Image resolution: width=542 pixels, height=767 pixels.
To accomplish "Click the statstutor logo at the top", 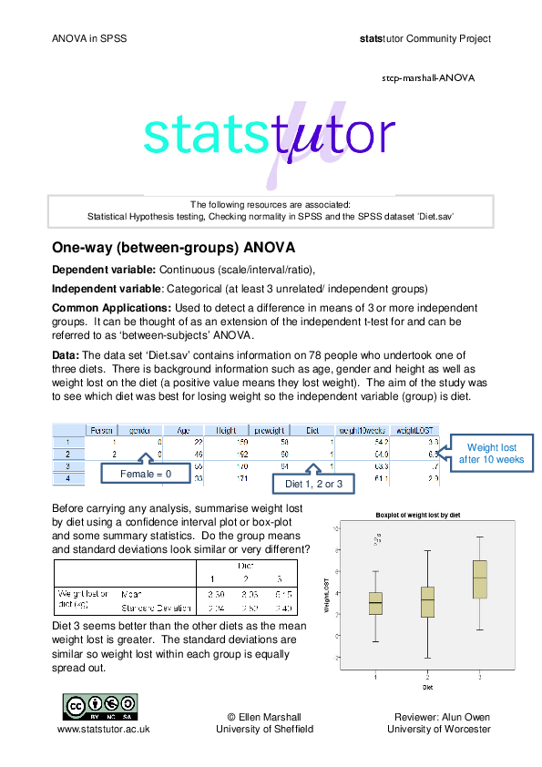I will [x=270, y=137].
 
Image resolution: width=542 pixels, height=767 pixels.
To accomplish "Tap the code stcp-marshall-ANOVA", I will [x=427, y=77].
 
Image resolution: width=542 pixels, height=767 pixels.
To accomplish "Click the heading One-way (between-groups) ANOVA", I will [x=173, y=248].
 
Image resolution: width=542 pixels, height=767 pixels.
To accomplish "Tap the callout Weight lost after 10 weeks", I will [x=491, y=453].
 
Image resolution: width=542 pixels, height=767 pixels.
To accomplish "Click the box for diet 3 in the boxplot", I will [x=480, y=579].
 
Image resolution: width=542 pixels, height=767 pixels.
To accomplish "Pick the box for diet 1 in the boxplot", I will [x=375, y=603].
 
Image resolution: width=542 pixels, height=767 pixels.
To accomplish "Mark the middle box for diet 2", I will [x=427, y=602].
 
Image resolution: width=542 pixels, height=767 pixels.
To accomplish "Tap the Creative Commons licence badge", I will [x=99, y=706].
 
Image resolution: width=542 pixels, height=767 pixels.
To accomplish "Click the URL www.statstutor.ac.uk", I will [x=104, y=729].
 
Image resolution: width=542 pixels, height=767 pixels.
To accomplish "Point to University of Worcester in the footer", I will [x=438, y=729].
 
